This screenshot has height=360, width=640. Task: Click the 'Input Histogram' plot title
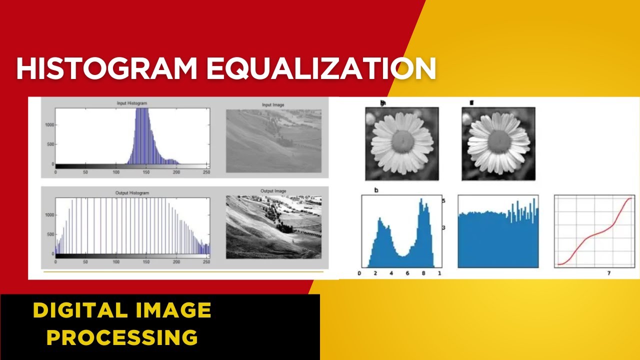pyautogui.click(x=132, y=103)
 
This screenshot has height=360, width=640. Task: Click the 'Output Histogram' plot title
pyautogui.click(x=132, y=192)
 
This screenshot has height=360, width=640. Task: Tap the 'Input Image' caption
pyautogui.click(x=273, y=105)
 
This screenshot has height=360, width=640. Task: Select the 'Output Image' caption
pyautogui.click(x=273, y=191)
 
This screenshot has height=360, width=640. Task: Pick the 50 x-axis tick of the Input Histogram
pyautogui.click(x=85, y=172)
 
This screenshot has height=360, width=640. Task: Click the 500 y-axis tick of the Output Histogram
pyautogui.click(x=50, y=234)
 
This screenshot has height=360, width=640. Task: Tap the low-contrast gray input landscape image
pyautogui.click(x=273, y=141)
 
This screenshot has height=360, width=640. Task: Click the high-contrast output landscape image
pyautogui.click(x=273, y=227)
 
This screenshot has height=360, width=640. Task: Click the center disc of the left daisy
pyautogui.click(x=402, y=142)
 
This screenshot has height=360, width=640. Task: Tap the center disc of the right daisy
pyautogui.click(x=498, y=141)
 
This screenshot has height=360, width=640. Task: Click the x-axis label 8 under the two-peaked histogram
pyautogui.click(x=423, y=273)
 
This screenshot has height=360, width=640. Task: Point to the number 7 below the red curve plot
pyautogui.click(x=608, y=273)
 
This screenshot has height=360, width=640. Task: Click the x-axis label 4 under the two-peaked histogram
pyautogui.click(x=391, y=273)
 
